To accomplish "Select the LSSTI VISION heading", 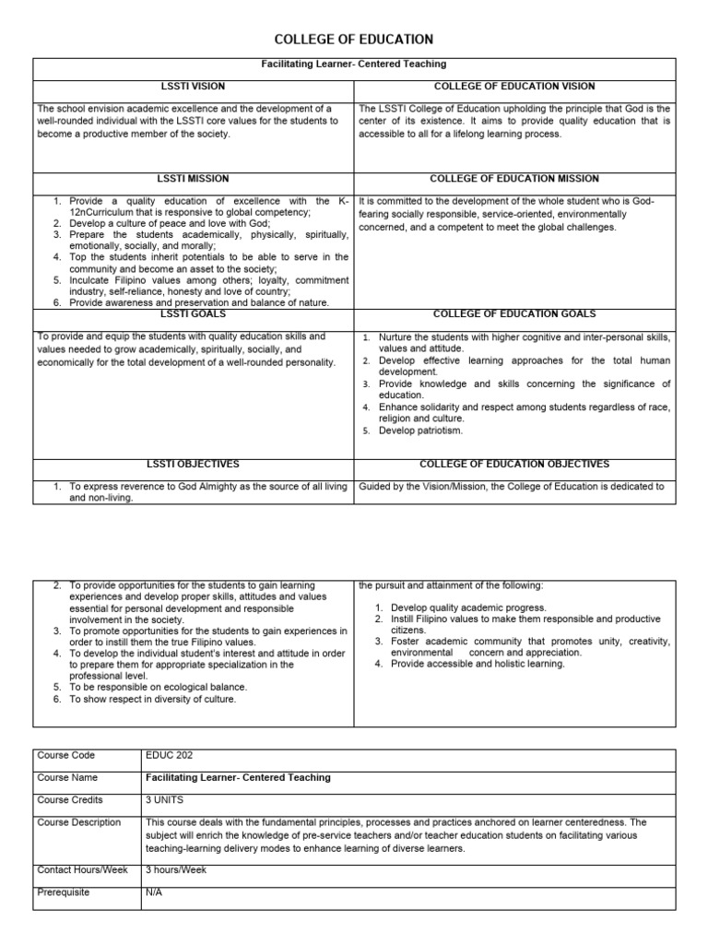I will click(x=194, y=86).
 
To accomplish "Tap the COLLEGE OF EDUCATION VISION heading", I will click(x=514, y=86).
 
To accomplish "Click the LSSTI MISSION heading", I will click(x=194, y=179).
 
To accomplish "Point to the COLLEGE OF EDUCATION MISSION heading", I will click(x=514, y=179).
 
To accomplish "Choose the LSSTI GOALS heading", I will click(x=194, y=314).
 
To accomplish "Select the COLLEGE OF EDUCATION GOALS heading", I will click(x=514, y=314).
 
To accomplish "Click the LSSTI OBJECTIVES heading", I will click(x=194, y=465).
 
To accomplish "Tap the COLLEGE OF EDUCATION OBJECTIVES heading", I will click(x=514, y=465).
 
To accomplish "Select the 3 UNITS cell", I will click(x=164, y=799).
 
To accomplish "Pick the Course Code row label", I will click(x=65, y=755).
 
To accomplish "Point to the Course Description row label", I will click(x=78, y=821).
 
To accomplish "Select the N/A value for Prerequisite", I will click(x=154, y=892).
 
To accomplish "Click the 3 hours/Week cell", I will click(x=176, y=869).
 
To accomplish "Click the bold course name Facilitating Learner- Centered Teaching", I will click(x=238, y=777).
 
